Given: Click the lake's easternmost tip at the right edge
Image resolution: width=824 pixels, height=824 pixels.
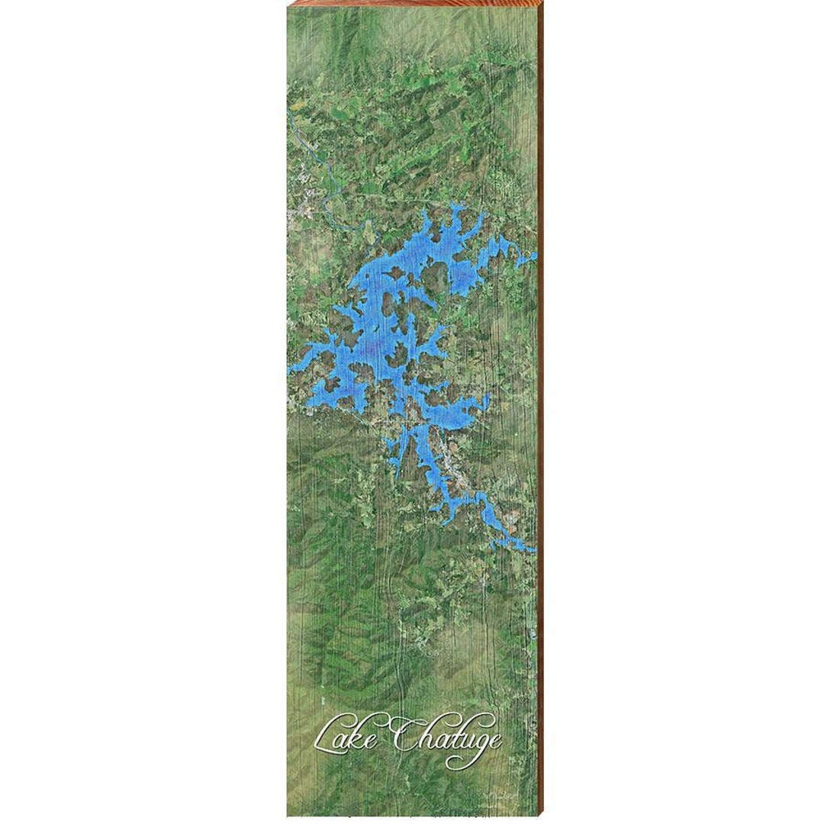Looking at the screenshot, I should pyautogui.click(x=533, y=256).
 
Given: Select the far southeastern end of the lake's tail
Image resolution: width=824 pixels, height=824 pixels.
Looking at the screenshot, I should pyautogui.click(x=532, y=547).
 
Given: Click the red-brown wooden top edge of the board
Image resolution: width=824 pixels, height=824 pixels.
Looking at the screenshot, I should pyautogui.click(x=412, y=2).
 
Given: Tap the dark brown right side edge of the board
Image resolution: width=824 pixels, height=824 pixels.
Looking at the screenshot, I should pyautogui.click(x=541, y=412).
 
